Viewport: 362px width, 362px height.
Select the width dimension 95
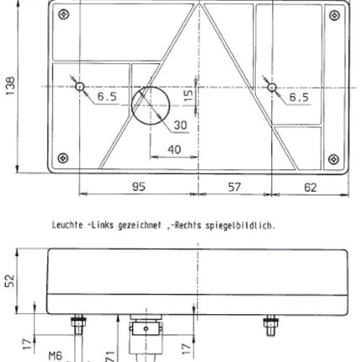point(139,187)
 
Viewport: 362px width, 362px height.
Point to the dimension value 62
point(310,187)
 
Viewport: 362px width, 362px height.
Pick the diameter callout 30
point(179,125)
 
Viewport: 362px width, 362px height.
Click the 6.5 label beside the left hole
point(107,98)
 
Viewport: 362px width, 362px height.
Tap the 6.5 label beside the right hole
point(298,98)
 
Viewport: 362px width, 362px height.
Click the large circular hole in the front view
point(151,104)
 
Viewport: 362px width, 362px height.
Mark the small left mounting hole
point(78,87)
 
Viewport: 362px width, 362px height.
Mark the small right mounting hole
point(270,87)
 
